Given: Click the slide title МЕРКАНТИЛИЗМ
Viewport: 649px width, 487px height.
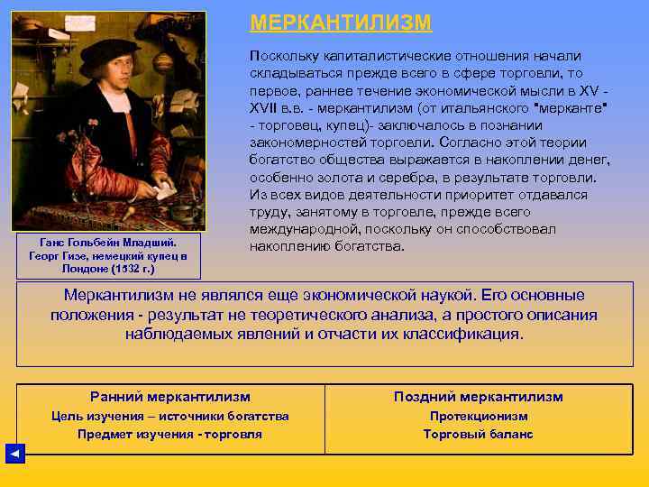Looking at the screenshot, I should (x=341, y=23).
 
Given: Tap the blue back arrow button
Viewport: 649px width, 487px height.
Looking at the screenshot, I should (x=15, y=454).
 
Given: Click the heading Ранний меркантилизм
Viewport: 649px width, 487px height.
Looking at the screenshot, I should (x=170, y=397).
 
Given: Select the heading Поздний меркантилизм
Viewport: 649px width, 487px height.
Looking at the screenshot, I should (x=478, y=397).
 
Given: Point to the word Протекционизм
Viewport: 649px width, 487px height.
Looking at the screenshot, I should (x=479, y=417).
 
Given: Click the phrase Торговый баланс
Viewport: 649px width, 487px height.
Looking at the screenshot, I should (x=478, y=435).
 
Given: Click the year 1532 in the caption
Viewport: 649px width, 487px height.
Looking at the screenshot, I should (x=116, y=269).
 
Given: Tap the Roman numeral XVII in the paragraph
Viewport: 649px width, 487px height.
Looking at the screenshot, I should (x=267, y=109).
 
